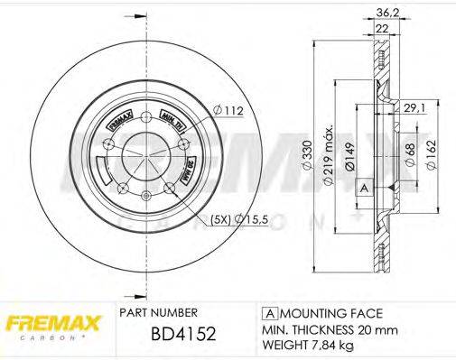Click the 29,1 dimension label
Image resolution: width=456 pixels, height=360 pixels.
coord(414,107)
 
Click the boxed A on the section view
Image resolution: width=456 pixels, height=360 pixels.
coord(364,188)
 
